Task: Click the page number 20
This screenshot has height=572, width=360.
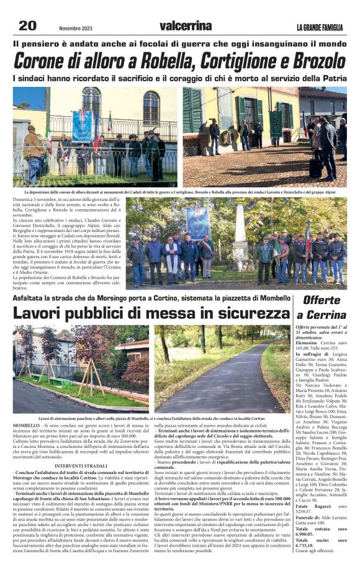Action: (x=28, y=25)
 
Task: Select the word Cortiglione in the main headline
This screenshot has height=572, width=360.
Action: (x=235, y=61)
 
